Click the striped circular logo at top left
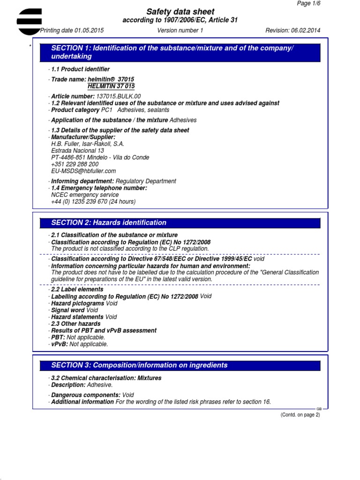tap(29, 21)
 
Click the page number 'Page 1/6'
tap(309, 3)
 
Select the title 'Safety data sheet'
tap(180, 12)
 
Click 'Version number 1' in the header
tap(180, 30)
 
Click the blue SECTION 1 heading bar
tap(180, 52)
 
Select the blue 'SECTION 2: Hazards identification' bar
tap(180, 223)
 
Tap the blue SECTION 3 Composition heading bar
tap(180, 365)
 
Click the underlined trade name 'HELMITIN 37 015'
tap(111, 86)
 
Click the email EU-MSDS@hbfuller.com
tap(83, 171)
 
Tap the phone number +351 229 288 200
tap(75, 165)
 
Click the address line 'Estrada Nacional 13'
tap(77, 151)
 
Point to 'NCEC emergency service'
tap(85, 195)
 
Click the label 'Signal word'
tap(68, 310)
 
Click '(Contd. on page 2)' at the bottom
tap(300, 415)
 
